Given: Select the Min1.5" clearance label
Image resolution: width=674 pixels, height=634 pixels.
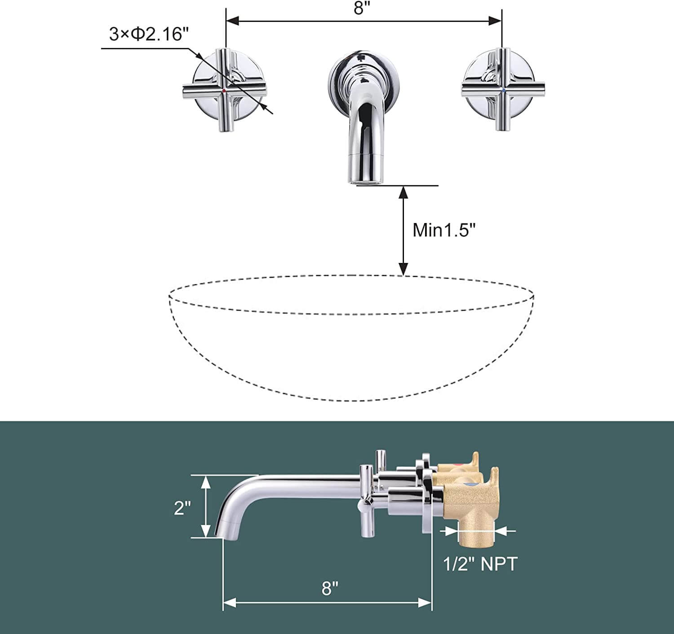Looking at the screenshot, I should pyautogui.click(x=444, y=230).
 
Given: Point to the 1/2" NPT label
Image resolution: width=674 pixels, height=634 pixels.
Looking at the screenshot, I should pyautogui.click(x=480, y=564).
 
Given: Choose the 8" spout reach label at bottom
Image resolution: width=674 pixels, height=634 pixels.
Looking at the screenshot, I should pyautogui.click(x=329, y=588).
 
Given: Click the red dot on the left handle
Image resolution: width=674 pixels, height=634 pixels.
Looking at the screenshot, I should pyautogui.click(x=224, y=91).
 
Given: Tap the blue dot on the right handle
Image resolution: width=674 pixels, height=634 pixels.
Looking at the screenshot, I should pyautogui.click(x=503, y=90).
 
